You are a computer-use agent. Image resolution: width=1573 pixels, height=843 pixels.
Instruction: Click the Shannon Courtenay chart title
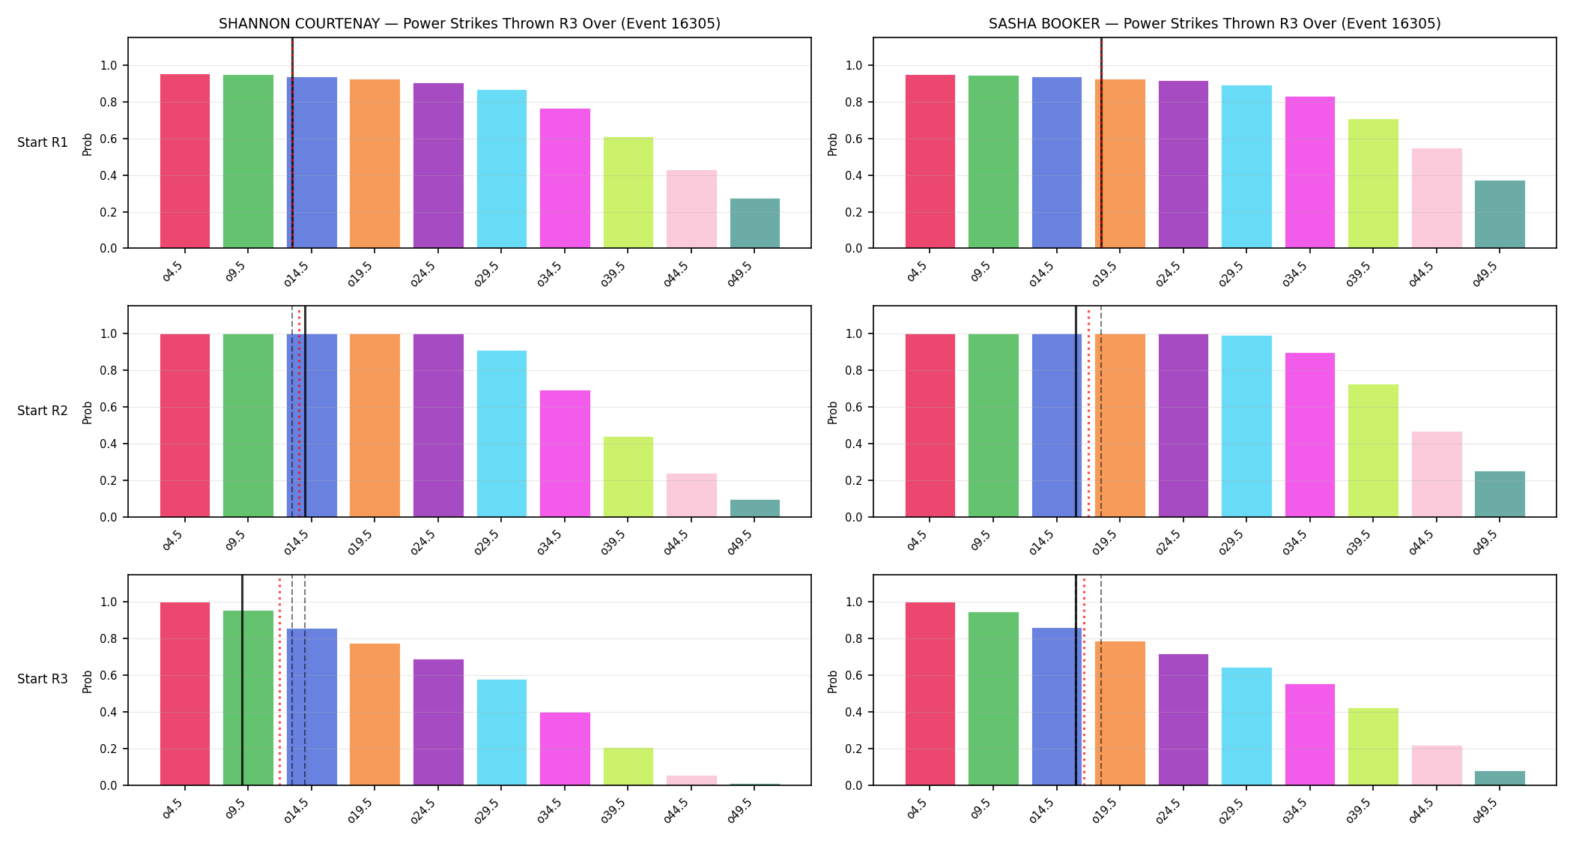point(470,23)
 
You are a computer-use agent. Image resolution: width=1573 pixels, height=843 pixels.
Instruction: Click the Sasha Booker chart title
point(1214,23)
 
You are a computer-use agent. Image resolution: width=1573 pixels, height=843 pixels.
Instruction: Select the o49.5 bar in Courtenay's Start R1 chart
point(755,223)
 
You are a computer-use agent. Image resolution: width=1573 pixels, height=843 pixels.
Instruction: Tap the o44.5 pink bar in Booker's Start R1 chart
point(1437,198)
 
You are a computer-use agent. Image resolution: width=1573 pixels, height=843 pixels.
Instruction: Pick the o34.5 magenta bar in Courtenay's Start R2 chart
point(565,453)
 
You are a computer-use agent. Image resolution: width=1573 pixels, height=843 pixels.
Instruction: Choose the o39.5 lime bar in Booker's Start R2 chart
point(1373,450)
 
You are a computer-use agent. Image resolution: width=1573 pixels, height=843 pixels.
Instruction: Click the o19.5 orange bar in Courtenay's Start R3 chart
point(375,714)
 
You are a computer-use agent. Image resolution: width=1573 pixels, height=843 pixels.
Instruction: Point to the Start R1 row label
point(43,142)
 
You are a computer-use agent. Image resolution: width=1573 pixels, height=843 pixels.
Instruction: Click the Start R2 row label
point(43,411)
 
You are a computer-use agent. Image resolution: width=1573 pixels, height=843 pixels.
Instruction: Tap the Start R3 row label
point(43,679)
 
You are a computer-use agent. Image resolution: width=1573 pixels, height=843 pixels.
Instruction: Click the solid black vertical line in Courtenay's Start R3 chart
point(242,680)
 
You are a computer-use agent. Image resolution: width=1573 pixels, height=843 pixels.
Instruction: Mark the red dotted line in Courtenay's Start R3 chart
point(279,680)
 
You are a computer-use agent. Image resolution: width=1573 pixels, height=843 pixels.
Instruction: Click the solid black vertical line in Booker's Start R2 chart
point(1076,411)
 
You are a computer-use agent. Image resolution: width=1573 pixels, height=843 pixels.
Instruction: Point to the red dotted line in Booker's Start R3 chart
point(1084,680)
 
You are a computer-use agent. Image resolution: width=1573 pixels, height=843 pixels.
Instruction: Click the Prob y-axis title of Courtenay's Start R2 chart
point(88,412)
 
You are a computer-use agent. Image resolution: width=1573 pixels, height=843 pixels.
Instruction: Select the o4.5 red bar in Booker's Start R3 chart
point(930,694)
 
